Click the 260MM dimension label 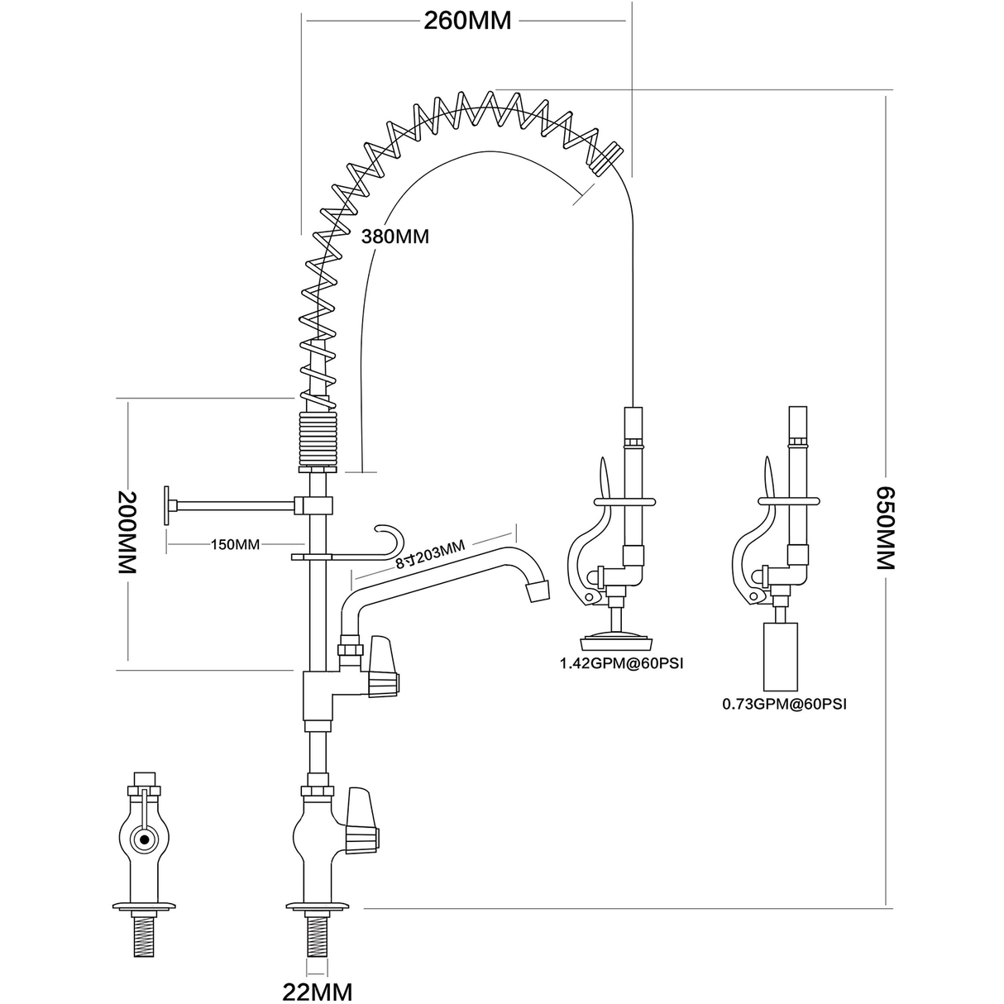pos(467,21)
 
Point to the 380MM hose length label pos(394,237)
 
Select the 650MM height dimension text pos(886,528)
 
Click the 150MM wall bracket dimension pos(235,544)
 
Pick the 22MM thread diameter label pos(318,992)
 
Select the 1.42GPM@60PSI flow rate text pos(624,663)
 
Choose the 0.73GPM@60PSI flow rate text pos(785,705)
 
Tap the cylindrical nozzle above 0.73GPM pos(780,657)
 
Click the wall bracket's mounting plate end pos(168,504)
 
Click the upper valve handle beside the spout pos(382,667)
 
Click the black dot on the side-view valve pos(146,839)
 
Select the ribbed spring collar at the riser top pos(317,438)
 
